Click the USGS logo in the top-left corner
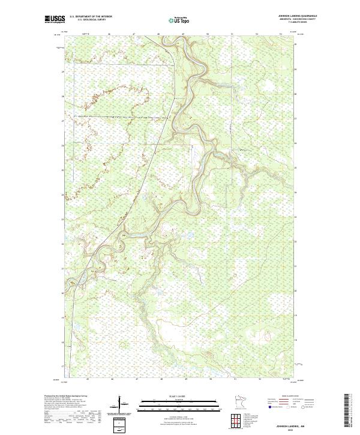(x=53, y=19)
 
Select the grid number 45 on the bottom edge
(x=87, y=379)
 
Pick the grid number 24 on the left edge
(x=62, y=194)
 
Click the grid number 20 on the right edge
(x=295, y=293)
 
